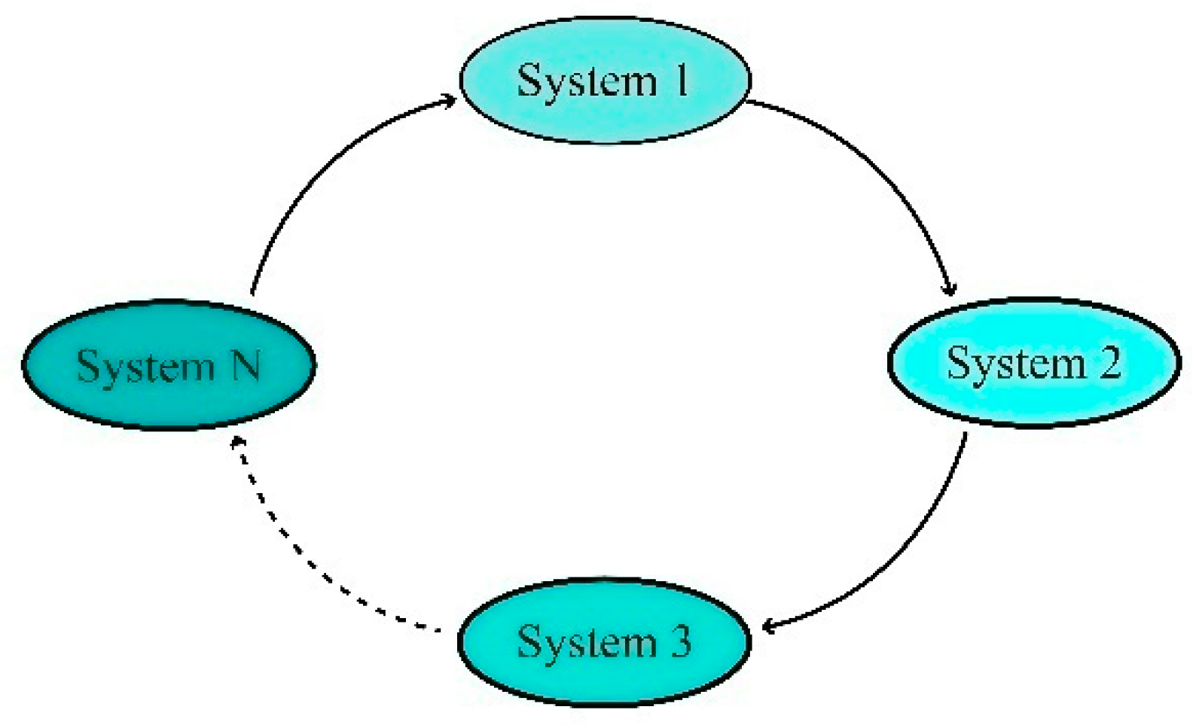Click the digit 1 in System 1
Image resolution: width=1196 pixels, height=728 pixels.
click(681, 80)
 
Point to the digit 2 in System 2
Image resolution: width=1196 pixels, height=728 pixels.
click(1109, 362)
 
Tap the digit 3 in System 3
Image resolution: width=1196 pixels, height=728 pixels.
click(681, 641)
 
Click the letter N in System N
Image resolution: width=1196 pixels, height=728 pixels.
click(246, 366)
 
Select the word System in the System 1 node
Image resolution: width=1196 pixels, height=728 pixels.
click(587, 81)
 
